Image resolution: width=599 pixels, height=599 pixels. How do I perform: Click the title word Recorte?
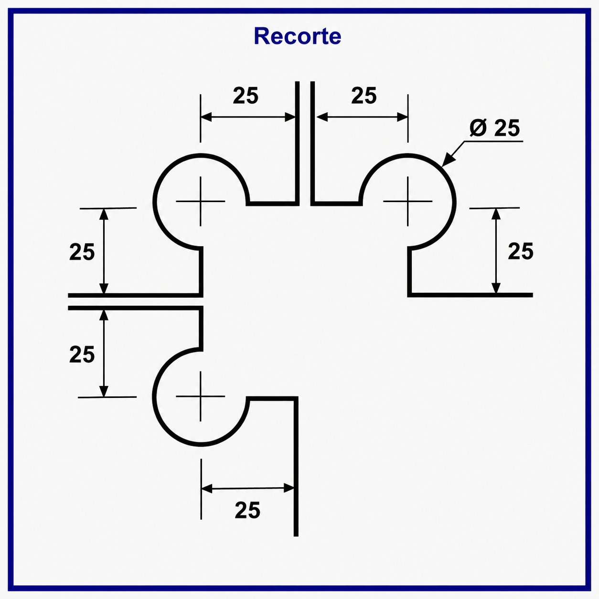(x=298, y=36)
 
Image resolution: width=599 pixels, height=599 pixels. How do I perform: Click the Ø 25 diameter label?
(x=494, y=128)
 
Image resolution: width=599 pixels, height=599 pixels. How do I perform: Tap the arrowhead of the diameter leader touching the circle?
(x=448, y=160)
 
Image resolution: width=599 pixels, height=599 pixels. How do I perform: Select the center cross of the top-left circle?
(x=201, y=202)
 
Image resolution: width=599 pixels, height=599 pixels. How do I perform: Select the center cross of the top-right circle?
(x=407, y=202)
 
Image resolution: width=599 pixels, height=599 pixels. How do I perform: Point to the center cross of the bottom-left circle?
(x=201, y=396)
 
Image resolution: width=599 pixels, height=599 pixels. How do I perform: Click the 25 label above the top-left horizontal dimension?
(x=246, y=96)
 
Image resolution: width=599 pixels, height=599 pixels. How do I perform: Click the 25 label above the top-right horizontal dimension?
(x=364, y=96)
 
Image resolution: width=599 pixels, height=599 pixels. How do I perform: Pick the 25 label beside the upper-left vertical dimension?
(x=82, y=252)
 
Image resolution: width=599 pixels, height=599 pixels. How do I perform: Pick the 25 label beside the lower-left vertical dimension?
(x=82, y=354)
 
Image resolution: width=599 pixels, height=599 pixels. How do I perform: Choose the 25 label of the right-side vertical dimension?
(x=521, y=251)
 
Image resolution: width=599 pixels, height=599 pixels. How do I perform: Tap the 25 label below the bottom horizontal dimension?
(x=247, y=510)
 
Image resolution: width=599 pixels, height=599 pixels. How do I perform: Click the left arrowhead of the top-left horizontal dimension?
(x=206, y=117)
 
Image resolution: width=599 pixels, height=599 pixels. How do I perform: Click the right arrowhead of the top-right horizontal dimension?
(x=403, y=118)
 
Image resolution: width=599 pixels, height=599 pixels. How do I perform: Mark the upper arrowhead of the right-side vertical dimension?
(x=496, y=214)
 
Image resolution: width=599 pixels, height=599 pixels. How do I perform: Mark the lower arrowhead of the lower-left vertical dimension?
(x=104, y=391)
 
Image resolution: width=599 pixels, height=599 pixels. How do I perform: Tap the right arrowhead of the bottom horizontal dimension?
(x=289, y=488)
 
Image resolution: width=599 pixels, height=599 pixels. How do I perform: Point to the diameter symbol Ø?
(x=478, y=128)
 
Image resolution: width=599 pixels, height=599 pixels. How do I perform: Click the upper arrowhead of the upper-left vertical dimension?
(x=104, y=214)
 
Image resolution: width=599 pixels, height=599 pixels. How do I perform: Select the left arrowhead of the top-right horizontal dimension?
(x=322, y=118)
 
